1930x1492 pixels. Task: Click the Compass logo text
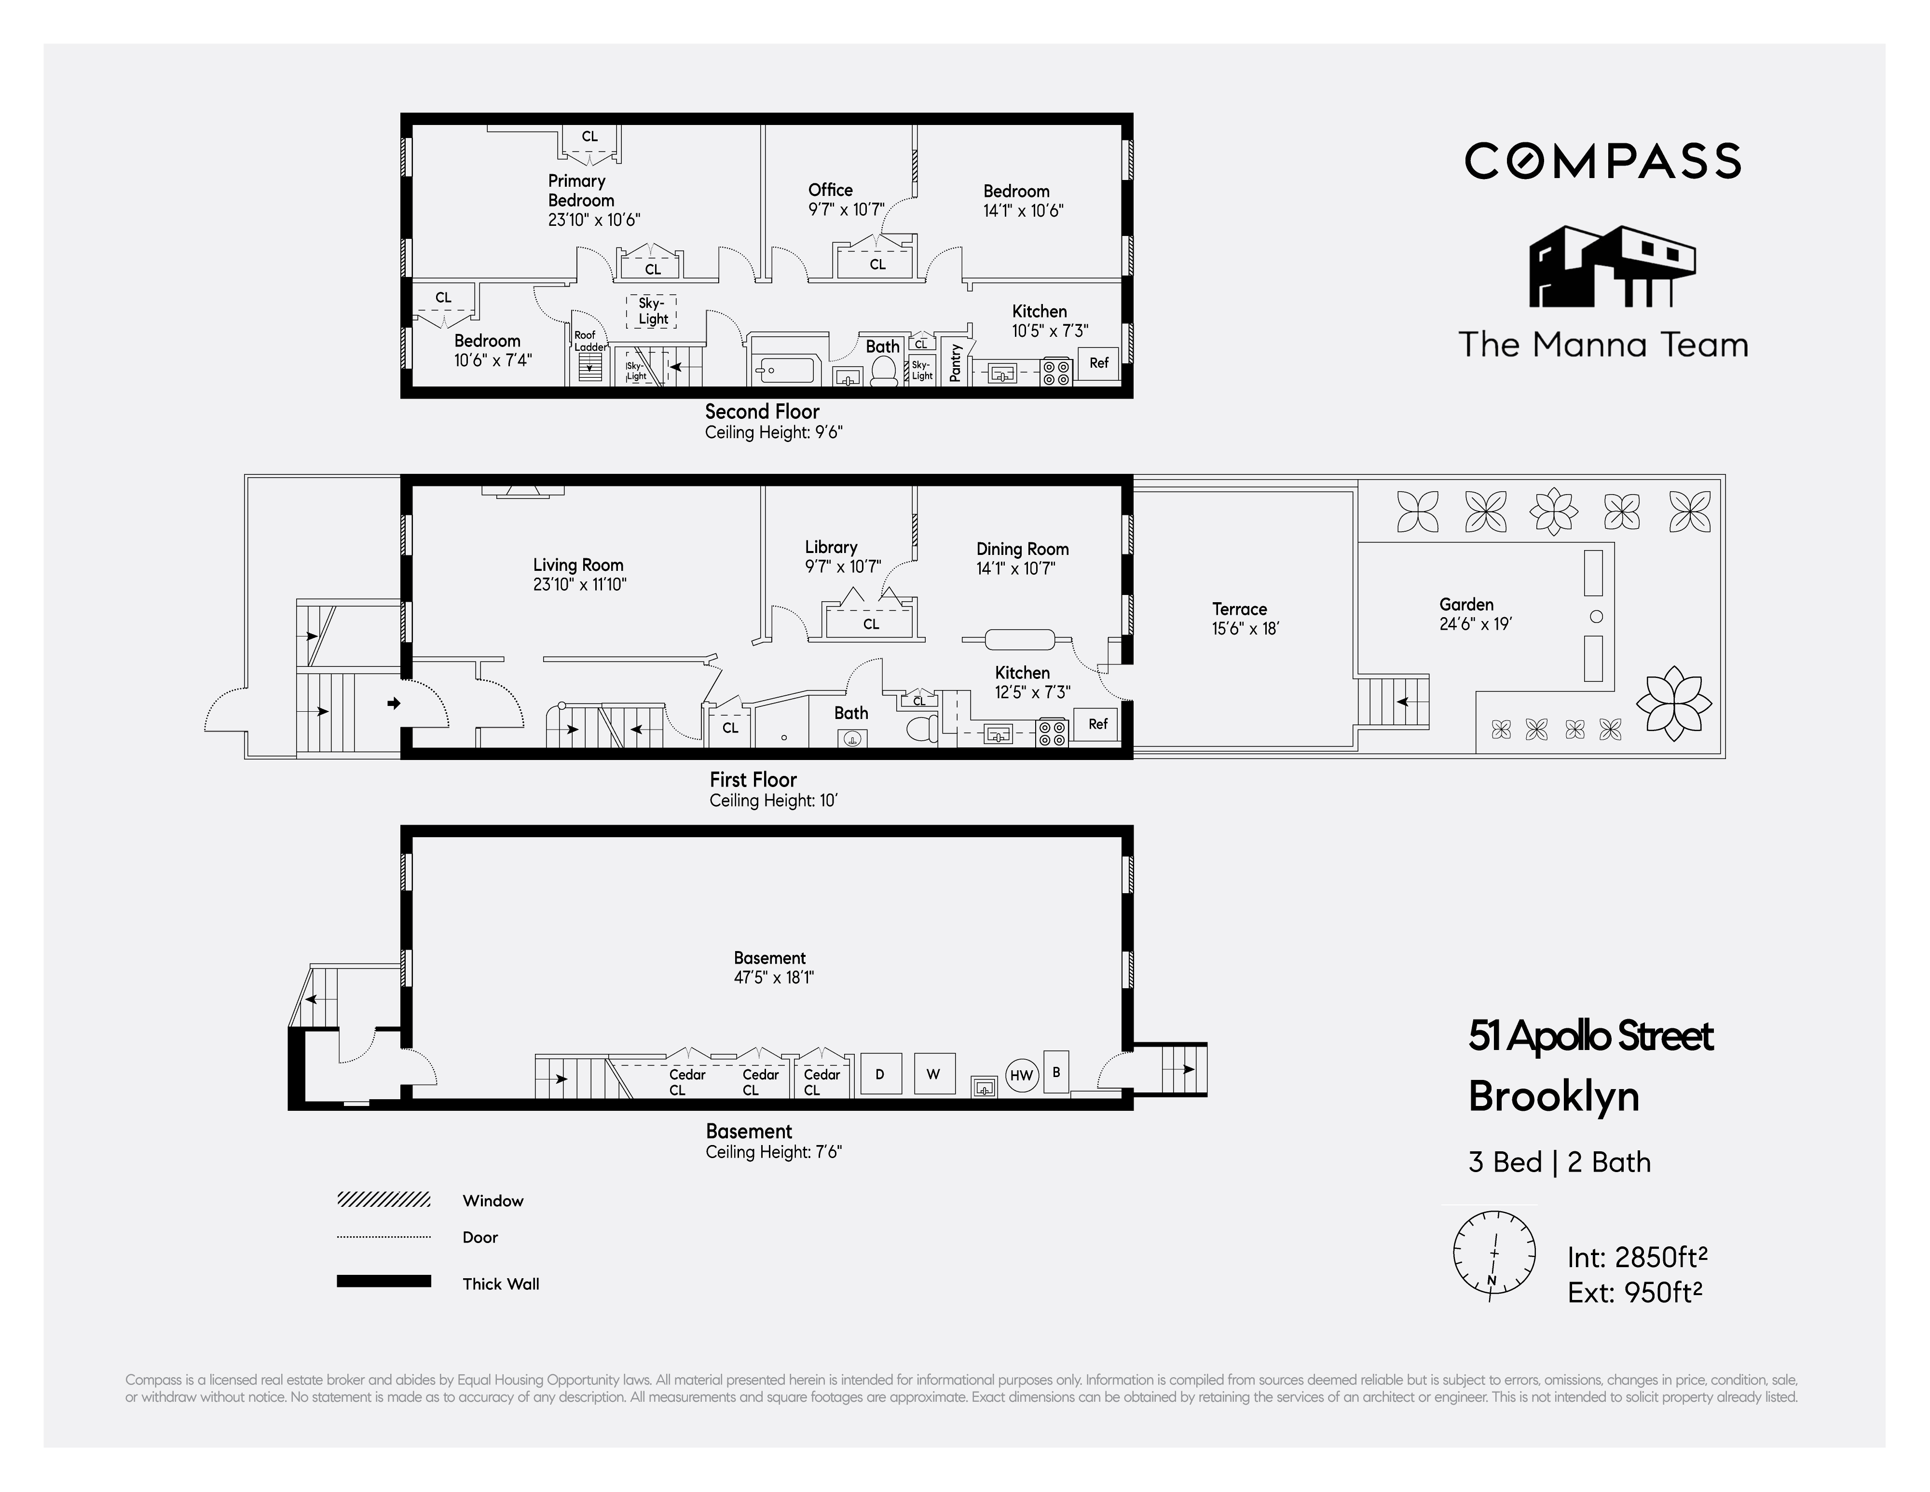click(1602, 161)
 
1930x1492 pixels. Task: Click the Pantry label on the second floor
click(955, 362)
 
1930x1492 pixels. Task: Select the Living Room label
click(579, 574)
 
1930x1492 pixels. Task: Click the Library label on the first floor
click(831, 547)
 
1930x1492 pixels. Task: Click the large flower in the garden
click(1673, 703)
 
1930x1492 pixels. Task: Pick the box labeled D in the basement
click(880, 1074)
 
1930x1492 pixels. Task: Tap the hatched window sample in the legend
click(383, 1200)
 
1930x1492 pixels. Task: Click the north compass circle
click(1493, 1253)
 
